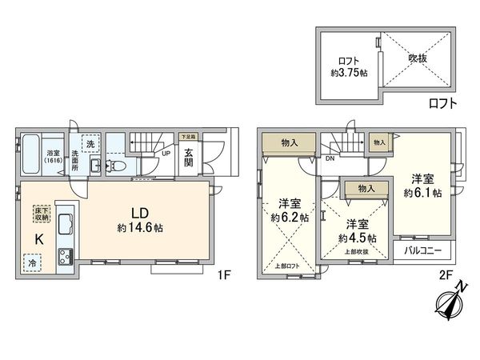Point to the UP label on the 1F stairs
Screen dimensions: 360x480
(x=166, y=153)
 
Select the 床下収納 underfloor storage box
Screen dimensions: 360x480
(x=41, y=214)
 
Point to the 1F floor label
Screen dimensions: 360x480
(x=225, y=274)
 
